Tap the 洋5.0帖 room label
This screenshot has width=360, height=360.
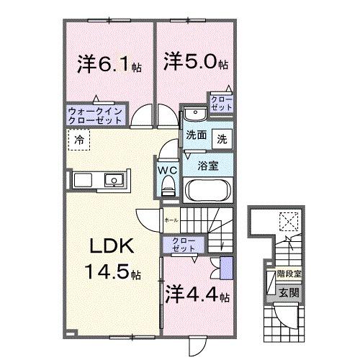(x=195, y=62)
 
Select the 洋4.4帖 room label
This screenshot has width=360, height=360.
(x=197, y=294)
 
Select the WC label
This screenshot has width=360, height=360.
(x=168, y=171)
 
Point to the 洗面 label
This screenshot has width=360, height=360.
(x=196, y=135)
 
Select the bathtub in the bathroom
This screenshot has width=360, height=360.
(x=208, y=191)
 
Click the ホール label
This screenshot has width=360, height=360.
(x=171, y=220)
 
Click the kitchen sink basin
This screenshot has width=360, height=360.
(x=114, y=179)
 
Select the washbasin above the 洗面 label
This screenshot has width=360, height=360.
(x=193, y=116)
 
